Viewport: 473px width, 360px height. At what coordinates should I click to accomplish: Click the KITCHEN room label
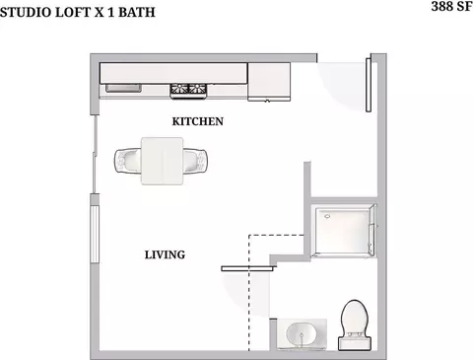tap(198, 121)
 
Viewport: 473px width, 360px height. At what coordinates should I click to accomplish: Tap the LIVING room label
tap(165, 254)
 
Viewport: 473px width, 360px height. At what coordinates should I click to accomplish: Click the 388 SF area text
tap(452, 6)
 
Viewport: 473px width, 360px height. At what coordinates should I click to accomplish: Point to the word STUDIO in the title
tap(26, 12)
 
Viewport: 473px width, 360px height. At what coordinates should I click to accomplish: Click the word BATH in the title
tap(137, 12)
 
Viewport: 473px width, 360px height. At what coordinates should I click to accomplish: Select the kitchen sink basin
tap(123, 88)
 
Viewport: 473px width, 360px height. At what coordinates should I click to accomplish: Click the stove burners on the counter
tap(188, 90)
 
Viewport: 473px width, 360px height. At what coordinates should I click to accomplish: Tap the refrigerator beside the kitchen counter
tap(269, 82)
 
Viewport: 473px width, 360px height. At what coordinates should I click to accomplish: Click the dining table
tap(163, 161)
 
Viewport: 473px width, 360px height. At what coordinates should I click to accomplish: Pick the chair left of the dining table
tap(128, 161)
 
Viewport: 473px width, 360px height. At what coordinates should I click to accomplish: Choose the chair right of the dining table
tap(195, 161)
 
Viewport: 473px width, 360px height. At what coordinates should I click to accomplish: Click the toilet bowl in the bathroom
tap(355, 317)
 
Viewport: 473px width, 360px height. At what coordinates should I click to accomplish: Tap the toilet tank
tap(355, 343)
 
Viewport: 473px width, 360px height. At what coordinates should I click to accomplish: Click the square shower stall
tap(343, 230)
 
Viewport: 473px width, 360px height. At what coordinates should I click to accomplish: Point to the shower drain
tap(327, 216)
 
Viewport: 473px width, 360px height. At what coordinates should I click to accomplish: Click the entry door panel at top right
tap(369, 85)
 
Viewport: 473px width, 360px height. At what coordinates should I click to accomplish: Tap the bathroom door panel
tap(248, 268)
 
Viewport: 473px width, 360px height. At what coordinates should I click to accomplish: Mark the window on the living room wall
tap(95, 234)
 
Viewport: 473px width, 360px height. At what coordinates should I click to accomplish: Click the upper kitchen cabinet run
tap(173, 73)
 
